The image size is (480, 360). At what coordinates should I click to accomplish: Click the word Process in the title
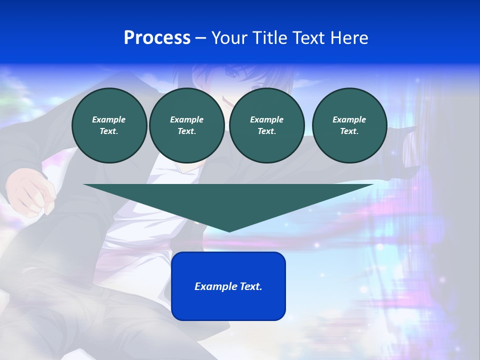(x=157, y=38)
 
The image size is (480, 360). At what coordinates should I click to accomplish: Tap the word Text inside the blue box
(x=251, y=286)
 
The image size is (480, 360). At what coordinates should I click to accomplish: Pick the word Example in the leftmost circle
(x=109, y=119)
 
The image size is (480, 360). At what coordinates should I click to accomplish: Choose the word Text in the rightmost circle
(x=349, y=131)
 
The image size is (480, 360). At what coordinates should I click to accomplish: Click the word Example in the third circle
(x=266, y=119)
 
